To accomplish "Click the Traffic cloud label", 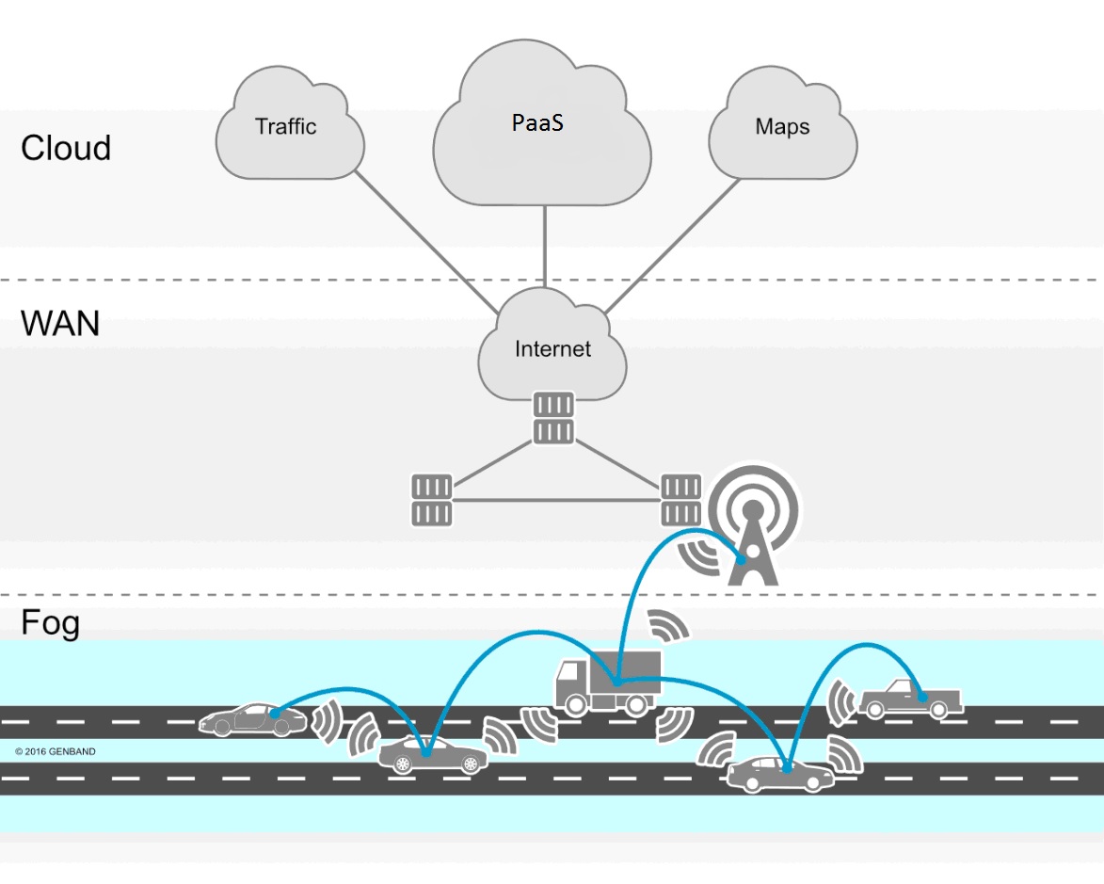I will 286,126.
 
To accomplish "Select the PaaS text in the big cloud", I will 537,121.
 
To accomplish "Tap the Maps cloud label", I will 782,126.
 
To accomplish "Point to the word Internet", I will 552,349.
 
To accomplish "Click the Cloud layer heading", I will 66,149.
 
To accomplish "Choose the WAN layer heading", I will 60,324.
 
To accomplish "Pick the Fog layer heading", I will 50,623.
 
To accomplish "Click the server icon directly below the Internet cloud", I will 552,419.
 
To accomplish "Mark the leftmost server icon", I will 431,500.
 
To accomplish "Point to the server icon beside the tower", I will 680,500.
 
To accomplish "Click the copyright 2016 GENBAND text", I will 56,751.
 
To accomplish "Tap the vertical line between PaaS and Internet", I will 546,245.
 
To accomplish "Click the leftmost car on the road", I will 252,719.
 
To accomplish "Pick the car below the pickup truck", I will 780,774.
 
